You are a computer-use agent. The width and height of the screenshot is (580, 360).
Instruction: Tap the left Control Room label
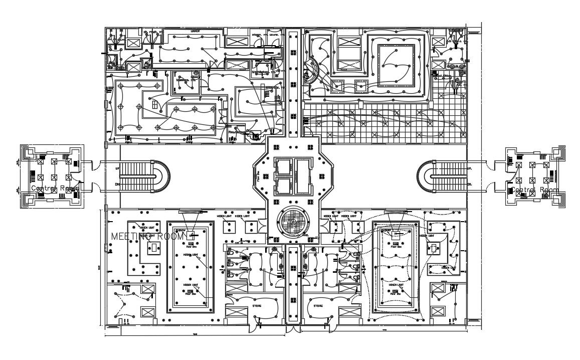coord(55,189)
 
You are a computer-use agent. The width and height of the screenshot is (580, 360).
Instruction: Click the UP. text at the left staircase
coord(118,168)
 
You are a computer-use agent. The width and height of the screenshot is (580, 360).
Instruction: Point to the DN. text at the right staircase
coord(470,185)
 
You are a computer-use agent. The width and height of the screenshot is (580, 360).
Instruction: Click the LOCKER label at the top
coord(195,31)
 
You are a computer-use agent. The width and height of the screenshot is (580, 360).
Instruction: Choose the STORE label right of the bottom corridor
coord(318,305)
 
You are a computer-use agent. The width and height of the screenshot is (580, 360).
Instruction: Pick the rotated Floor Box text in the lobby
coord(259,176)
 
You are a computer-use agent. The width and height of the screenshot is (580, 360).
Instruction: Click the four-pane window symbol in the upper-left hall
coord(155,104)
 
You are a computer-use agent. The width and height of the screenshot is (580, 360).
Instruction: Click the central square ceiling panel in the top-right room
coord(396,65)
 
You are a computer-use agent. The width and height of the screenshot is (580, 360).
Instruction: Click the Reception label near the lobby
coord(238,132)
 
